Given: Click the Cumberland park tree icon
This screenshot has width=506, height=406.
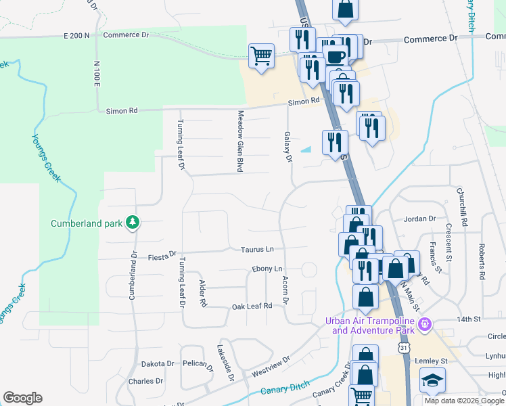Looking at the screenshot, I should coord(133,223).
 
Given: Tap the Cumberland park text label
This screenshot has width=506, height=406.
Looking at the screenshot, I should coord(87,223).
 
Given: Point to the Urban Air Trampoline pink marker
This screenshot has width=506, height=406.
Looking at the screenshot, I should coord(425,325).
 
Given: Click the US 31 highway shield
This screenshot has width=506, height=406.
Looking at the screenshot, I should coord(404,347).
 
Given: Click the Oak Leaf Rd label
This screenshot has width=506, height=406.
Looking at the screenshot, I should coord(252,306).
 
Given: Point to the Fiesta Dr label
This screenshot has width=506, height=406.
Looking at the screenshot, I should coord(162,256).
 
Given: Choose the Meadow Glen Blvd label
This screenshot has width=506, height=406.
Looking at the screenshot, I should coord(239,141).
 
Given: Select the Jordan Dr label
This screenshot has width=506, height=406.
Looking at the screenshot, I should coord(420,219).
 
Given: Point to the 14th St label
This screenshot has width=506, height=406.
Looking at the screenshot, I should coord(468,318).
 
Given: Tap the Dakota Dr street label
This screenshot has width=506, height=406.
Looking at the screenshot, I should coord(160,363).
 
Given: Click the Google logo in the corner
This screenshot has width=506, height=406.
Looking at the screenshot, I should coord(23,398).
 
